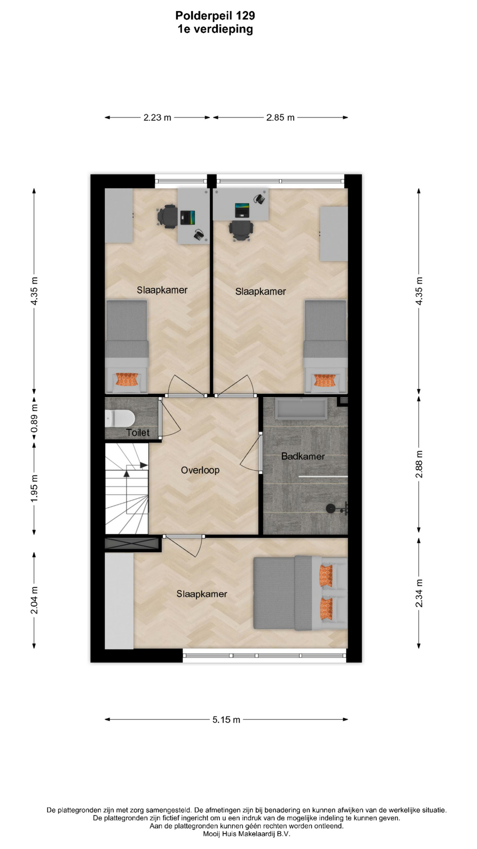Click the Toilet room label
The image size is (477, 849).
(x=138, y=432)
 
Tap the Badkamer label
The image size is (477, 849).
(x=303, y=456)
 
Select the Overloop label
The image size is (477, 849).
(x=200, y=470)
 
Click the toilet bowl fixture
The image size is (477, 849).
(x=120, y=418)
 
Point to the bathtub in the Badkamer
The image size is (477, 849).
(x=301, y=409)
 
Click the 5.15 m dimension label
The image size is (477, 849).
(x=227, y=719)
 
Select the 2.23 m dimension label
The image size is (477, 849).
(x=157, y=118)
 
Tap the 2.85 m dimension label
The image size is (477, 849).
(x=280, y=118)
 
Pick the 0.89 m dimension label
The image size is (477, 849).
(x=34, y=418)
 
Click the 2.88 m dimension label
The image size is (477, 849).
(x=419, y=464)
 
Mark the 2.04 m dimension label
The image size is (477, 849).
(x=34, y=600)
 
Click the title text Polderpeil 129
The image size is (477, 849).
(x=215, y=15)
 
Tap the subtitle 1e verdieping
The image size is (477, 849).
(x=216, y=29)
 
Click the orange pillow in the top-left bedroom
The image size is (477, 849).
(x=127, y=379)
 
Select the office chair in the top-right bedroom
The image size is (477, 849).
(x=241, y=230)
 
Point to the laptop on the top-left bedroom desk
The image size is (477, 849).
(x=188, y=217)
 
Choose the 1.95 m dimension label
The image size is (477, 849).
(x=34, y=488)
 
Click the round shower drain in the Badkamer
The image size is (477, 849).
(x=330, y=509)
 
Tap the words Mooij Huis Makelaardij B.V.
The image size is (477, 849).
(x=246, y=834)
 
